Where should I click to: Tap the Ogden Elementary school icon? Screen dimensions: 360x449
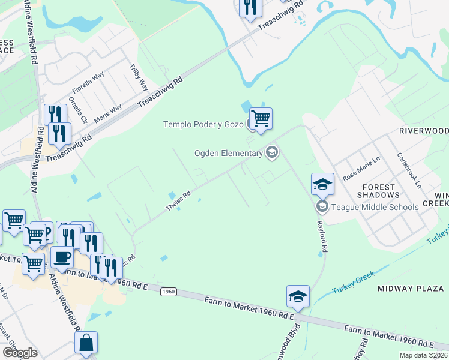272,152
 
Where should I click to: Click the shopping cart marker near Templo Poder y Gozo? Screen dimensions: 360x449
261,118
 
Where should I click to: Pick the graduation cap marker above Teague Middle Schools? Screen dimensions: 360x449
322,184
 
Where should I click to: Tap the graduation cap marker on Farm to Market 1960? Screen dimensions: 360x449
298,296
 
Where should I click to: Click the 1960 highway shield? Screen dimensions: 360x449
169,292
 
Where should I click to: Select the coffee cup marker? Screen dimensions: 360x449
62,257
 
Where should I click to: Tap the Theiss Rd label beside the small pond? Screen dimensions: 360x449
178,201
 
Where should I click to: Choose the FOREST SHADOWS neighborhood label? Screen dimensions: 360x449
378,190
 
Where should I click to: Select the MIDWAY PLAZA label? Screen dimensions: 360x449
411,289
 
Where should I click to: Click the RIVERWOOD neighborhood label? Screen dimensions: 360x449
424,130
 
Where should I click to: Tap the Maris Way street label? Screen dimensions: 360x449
108,113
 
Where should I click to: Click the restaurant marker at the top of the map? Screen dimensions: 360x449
249,8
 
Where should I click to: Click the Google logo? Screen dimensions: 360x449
20,352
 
